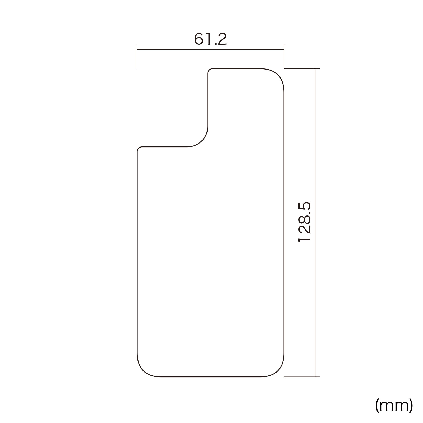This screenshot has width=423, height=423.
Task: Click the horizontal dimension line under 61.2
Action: pyautogui.click(x=210, y=49)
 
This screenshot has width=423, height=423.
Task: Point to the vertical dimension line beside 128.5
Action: pyautogui.click(x=315, y=223)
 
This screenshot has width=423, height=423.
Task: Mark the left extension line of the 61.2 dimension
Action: pyautogui.click(x=137, y=57)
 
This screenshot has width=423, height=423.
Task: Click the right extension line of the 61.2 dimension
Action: pyautogui.click(x=284, y=57)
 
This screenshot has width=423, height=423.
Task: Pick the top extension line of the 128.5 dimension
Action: pyautogui.click(x=302, y=69)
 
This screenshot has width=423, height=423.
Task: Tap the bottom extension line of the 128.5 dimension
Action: pyautogui.click(x=302, y=377)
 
